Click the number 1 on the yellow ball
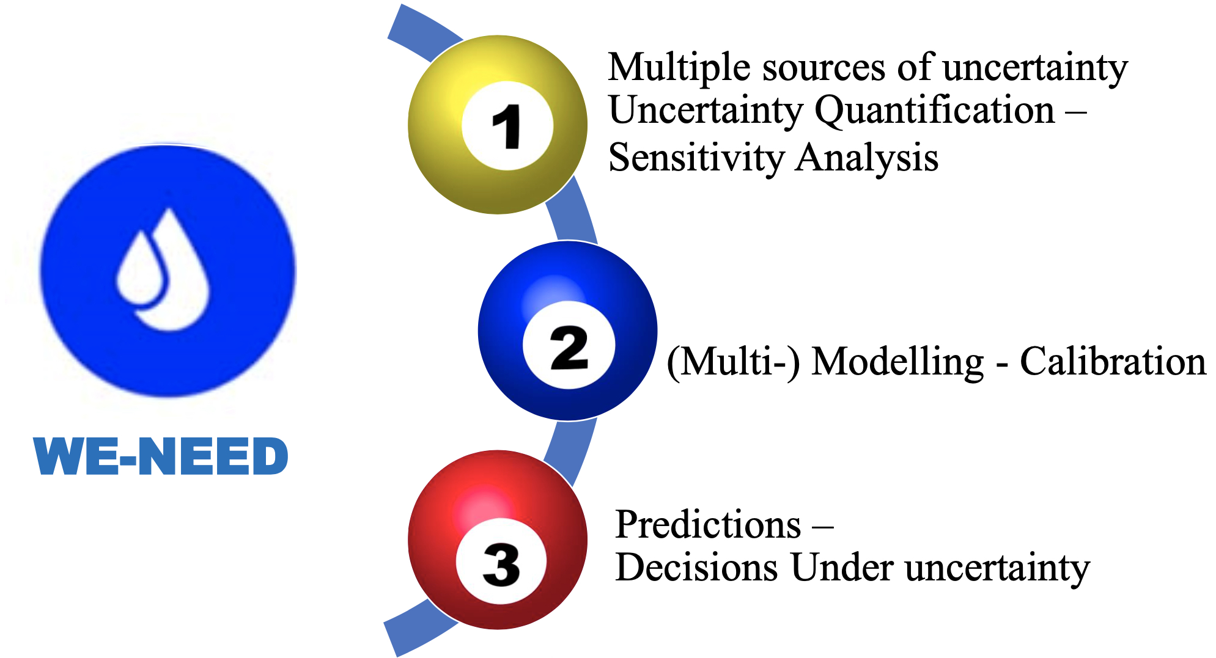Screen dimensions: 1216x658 507,126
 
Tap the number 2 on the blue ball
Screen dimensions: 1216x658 569,348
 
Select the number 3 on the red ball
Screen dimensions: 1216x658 501,565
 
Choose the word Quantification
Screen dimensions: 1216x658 935,112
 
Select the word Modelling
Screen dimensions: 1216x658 898,362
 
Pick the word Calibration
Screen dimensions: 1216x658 1113,362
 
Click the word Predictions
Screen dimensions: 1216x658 708,524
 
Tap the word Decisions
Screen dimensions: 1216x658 696,568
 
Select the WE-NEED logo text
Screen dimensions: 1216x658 161,456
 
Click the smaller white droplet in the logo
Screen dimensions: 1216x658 141,269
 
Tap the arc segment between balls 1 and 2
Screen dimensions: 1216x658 571,211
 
